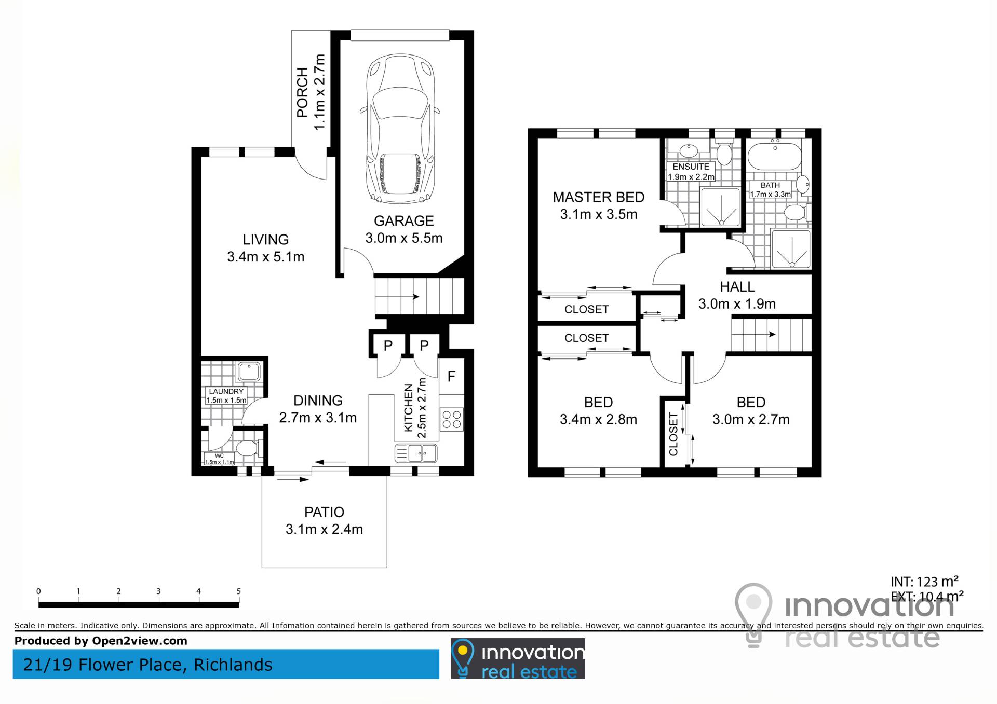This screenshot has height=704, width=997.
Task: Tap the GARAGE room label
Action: coord(403,221)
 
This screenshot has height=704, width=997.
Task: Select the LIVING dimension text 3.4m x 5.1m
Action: coord(265,257)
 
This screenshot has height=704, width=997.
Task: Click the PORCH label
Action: coord(302,92)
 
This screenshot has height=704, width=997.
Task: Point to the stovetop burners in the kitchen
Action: coord(451,420)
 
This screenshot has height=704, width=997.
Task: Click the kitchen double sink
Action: coord(416,453)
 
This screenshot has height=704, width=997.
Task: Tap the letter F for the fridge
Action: coord(451,377)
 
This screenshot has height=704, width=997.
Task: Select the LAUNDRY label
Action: coord(226,391)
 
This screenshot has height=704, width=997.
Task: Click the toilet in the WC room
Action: coord(249,448)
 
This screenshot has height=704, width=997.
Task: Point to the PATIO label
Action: coord(324,512)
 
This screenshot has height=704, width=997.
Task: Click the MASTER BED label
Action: coord(598,197)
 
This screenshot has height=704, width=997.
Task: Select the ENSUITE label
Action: coord(691,167)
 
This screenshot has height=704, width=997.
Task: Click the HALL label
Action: coord(737,286)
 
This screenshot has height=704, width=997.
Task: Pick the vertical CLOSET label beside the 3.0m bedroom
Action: coord(673,434)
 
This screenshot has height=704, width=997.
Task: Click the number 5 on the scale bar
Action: coord(239,591)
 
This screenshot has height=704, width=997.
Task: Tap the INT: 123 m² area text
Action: coord(924,582)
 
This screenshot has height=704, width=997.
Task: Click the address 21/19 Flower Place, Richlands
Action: coord(148,665)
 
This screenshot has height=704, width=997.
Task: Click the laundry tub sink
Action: coord(249,372)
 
